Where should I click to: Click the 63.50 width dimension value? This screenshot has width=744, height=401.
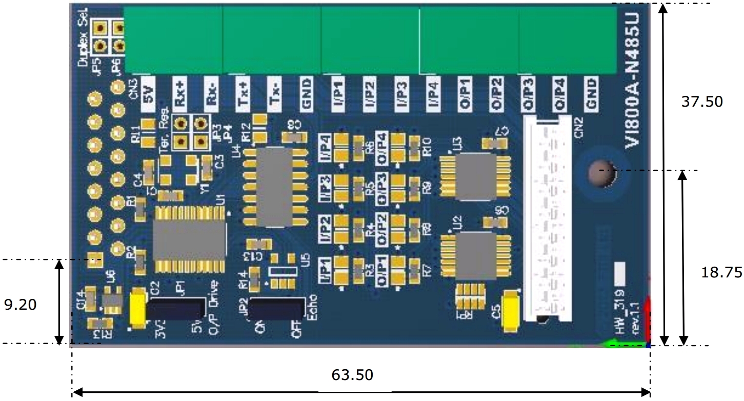click(352, 375)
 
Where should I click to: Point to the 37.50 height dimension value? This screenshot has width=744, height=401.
click(702, 102)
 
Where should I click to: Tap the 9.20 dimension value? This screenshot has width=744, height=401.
click(20, 305)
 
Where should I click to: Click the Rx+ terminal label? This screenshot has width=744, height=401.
click(179, 94)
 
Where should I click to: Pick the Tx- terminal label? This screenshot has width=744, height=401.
click(275, 94)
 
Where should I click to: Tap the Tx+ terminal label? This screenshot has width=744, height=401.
click(243, 94)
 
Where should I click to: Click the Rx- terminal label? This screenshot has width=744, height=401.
click(211, 94)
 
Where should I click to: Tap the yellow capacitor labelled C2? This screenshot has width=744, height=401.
click(137, 307)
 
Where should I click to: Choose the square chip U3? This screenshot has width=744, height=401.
click(475, 176)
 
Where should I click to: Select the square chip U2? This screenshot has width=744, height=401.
click(475, 254)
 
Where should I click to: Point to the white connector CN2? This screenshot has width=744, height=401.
click(547, 220)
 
